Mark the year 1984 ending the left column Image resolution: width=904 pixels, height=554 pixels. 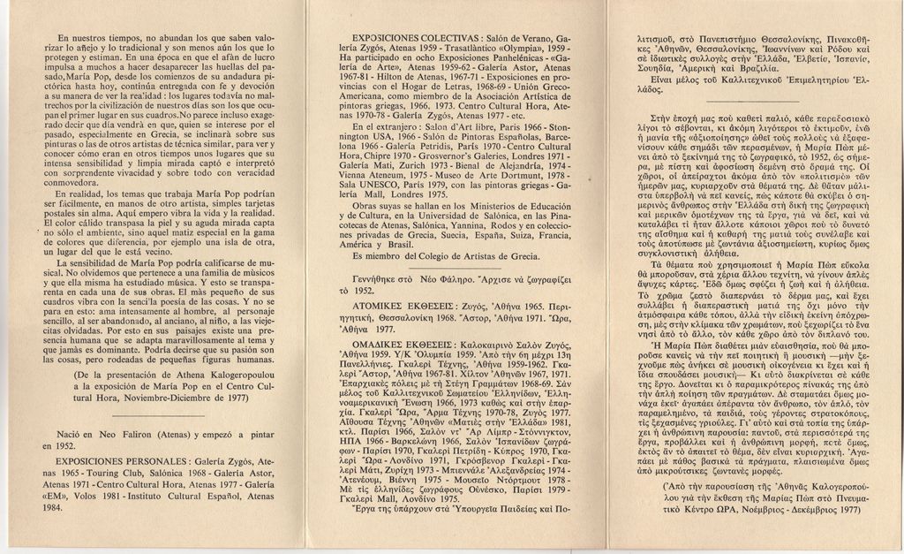pos(54,508)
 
